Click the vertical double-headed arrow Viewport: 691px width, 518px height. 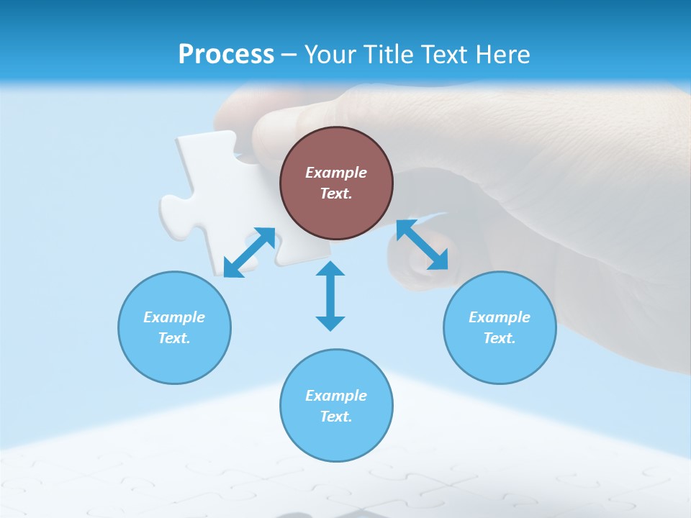[x=330, y=296]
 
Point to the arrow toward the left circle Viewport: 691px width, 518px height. [x=249, y=253]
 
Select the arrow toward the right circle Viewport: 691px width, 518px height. [x=423, y=245]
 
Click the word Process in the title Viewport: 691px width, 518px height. [x=226, y=54]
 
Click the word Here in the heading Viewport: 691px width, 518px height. [x=505, y=54]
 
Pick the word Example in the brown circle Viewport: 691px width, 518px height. [x=336, y=173]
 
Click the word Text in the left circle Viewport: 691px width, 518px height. [x=173, y=338]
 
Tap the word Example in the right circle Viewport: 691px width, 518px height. [x=500, y=317]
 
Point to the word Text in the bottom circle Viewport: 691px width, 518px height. [x=335, y=417]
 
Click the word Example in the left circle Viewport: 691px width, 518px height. [x=174, y=317]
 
